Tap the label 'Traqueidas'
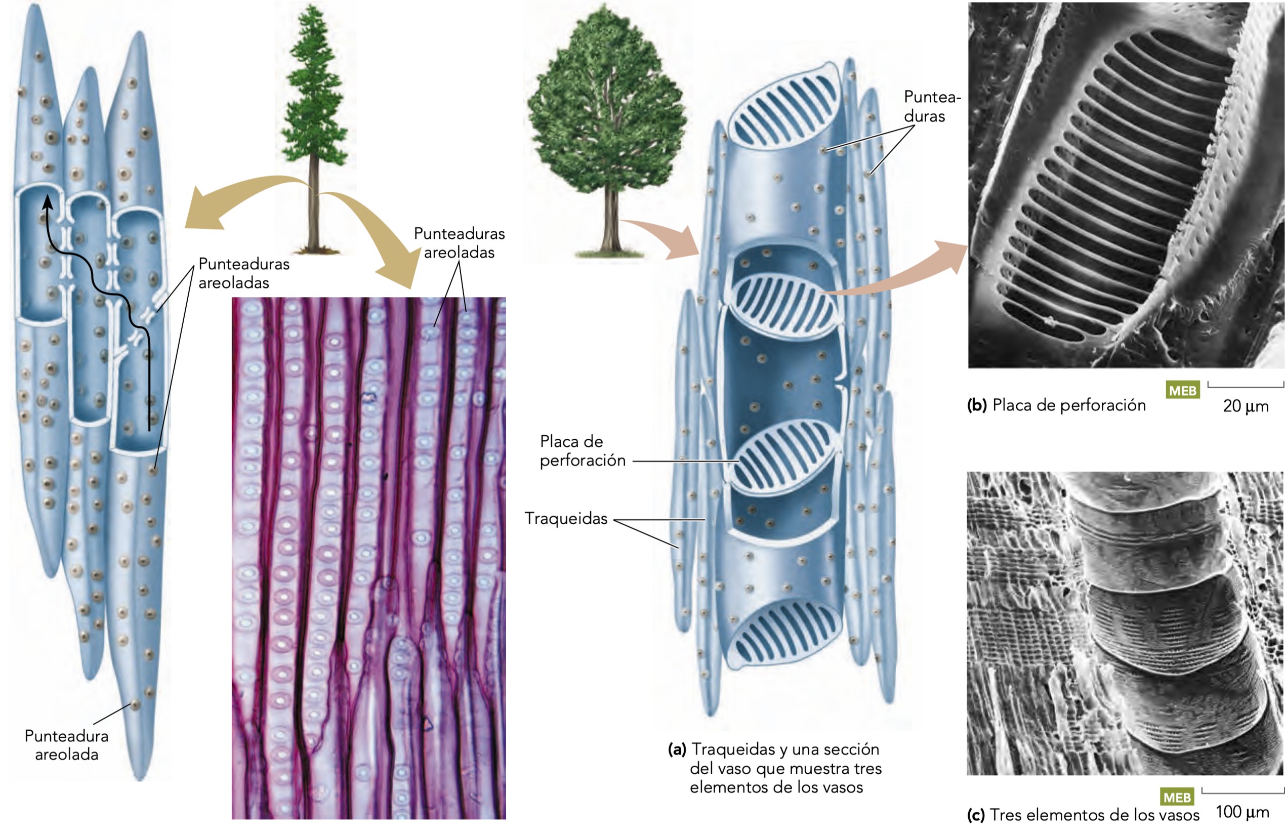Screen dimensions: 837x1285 (566, 518)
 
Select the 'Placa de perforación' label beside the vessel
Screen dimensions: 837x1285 (582, 451)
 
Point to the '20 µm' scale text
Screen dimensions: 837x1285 (1246, 406)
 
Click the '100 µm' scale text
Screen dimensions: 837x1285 (1242, 812)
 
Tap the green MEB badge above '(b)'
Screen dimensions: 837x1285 (1182, 390)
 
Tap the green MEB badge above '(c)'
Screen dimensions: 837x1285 (1177, 797)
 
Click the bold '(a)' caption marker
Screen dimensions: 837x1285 (677, 749)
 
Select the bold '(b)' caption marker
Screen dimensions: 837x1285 (977, 405)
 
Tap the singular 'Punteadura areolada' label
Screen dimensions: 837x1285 (66, 745)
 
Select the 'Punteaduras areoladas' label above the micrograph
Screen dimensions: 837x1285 (459, 243)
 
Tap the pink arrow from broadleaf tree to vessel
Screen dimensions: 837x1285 (664, 238)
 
